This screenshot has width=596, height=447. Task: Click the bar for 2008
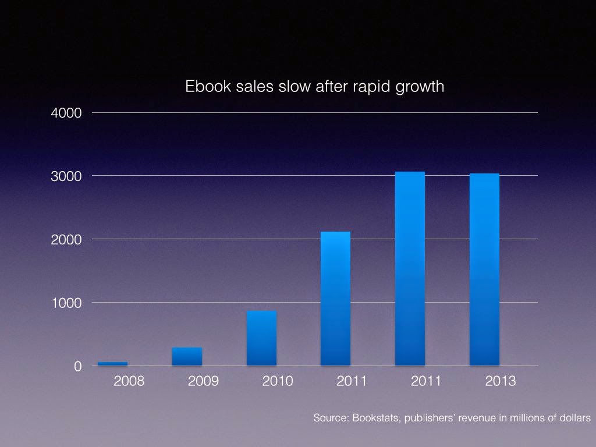tap(112, 363)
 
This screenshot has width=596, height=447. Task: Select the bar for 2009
tap(187, 356)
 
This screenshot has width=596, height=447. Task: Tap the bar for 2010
tap(261, 338)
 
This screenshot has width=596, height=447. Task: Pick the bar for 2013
tap(484, 269)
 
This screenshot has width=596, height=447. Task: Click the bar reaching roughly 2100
tap(335, 299)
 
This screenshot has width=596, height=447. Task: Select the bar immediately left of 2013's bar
tap(410, 268)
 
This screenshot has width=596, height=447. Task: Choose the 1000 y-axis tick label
tap(69, 303)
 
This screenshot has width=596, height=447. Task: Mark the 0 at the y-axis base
tap(78, 366)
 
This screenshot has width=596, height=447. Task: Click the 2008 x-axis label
tap(129, 382)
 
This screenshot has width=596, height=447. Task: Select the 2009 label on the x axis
tap(203, 382)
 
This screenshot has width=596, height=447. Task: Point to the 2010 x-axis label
tap(278, 382)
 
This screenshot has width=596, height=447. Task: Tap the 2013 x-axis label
tap(501, 382)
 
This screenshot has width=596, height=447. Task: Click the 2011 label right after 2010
tap(352, 382)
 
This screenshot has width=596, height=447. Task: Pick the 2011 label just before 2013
tap(426, 382)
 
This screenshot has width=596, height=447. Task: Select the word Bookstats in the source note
tap(372, 418)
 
